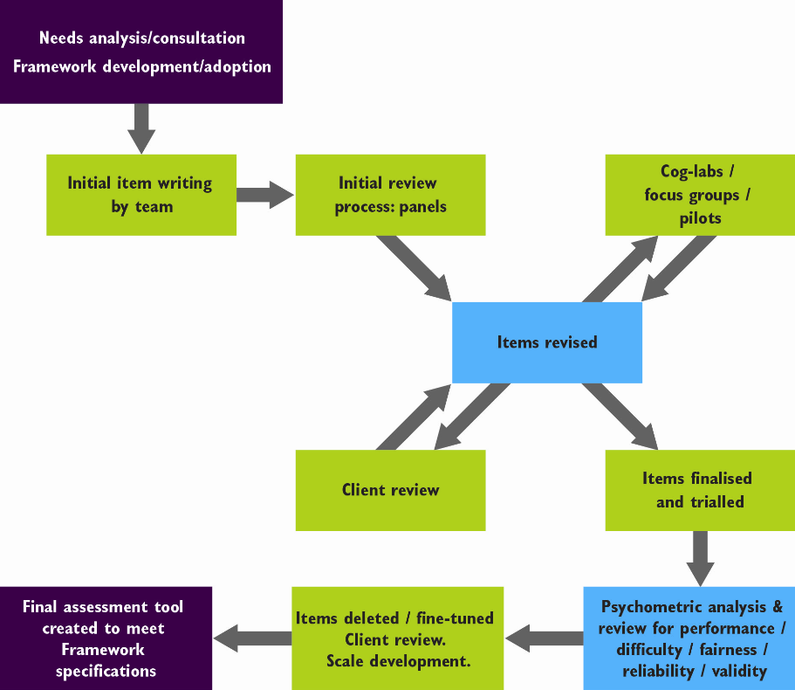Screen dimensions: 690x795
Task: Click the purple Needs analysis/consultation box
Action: pyautogui.click(x=141, y=52)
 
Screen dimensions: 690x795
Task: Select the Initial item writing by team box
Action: pyautogui.click(x=140, y=195)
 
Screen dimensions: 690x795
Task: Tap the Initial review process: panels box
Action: pyautogui.click(x=390, y=195)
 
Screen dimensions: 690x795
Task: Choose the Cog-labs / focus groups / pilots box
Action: pyautogui.click(x=700, y=195)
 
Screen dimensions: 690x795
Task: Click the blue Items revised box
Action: pyautogui.click(x=546, y=342)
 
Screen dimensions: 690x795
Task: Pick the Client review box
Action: pyautogui.click(x=390, y=490)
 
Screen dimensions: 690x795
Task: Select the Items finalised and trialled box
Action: pyautogui.click(x=700, y=490)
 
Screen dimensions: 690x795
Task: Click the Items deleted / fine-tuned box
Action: pyautogui.click(x=397, y=638)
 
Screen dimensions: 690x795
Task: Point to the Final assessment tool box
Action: pyautogui.click(x=106, y=638)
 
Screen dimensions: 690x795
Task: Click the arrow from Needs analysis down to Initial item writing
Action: pyautogui.click(x=141, y=128)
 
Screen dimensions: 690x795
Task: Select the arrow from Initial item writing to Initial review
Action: pyautogui.click(x=265, y=196)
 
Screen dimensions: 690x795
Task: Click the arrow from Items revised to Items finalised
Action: pyautogui.click(x=620, y=416)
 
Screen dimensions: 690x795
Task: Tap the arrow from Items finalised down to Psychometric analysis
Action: pyautogui.click(x=700, y=558)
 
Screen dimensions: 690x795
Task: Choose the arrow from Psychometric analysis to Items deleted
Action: pyautogui.click(x=543, y=638)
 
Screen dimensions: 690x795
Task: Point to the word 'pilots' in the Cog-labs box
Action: pyautogui.click(x=700, y=218)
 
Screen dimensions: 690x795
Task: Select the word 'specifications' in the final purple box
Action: pyautogui.click(x=106, y=671)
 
